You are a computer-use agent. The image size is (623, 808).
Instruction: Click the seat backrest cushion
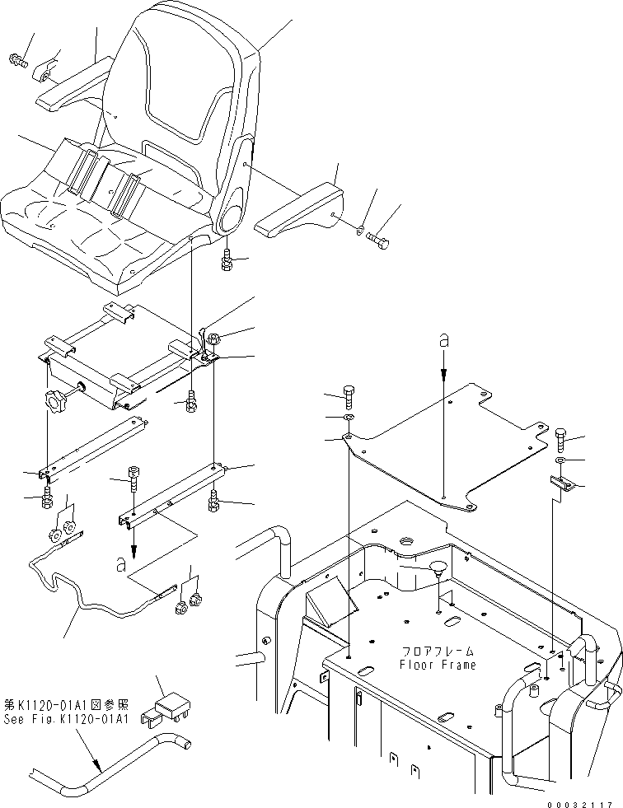click(185, 91)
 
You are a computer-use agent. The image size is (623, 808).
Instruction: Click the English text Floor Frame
click(438, 665)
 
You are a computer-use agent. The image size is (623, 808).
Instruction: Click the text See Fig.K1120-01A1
click(66, 719)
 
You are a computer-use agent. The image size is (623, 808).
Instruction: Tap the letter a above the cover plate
click(443, 339)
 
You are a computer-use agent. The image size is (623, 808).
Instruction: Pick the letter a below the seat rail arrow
click(121, 565)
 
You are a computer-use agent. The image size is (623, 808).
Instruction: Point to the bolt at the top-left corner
click(17, 59)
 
